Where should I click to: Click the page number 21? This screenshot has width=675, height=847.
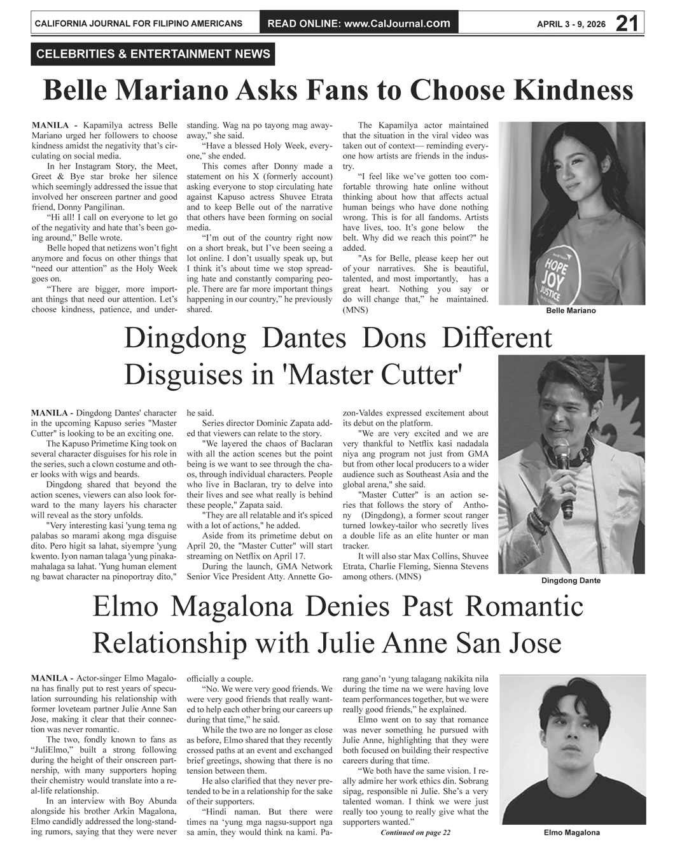click(627, 23)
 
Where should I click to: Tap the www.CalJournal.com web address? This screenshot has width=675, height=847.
click(396, 24)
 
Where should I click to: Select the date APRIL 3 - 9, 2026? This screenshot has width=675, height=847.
click(572, 24)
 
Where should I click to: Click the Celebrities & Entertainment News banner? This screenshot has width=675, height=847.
click(153, 54)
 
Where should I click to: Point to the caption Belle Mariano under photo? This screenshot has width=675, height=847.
click(571, 311)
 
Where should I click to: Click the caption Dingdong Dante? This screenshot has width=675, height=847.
click(571, 580)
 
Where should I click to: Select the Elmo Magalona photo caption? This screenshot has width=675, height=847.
click(571, 832)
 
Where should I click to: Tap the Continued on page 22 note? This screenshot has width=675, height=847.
click(415, 832)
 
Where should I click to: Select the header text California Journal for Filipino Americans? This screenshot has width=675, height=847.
click(138, 24)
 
